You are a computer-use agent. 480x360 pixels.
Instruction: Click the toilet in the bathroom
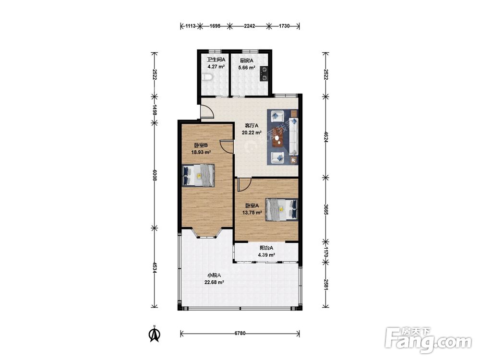pos(207,78)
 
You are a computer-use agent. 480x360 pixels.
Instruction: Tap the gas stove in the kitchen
pos(264,74)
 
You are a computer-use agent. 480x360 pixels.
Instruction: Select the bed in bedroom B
pos(198,175)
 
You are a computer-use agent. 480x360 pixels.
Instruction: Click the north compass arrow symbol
pos(155,334)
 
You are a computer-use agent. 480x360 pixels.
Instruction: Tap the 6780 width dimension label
pos(240,334)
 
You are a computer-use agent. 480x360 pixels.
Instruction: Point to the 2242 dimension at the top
pos(249,26)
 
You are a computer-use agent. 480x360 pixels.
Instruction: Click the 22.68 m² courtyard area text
pos(214,282)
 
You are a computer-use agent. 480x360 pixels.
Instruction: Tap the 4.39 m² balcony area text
pos(266,255)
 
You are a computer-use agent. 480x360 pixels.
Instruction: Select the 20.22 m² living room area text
pos(252,132)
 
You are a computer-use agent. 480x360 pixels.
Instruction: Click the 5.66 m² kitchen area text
pos(247,68)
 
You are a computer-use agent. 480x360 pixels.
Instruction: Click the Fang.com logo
pos(428,340)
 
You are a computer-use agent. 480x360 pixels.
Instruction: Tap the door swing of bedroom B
pos(226,146)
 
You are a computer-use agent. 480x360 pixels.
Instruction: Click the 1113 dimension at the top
pos(191,26)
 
